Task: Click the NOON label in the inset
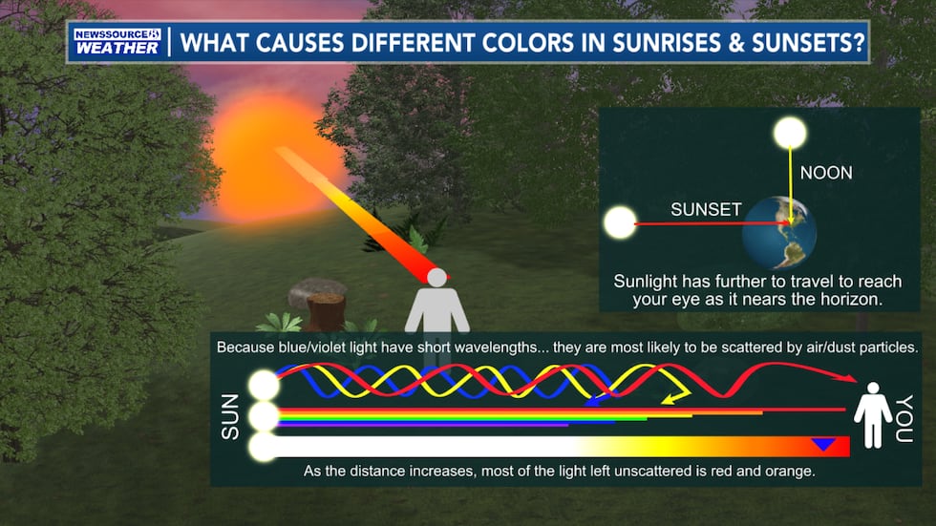825,173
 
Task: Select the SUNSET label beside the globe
706,209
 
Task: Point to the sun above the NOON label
790,133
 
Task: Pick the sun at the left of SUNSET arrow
620,225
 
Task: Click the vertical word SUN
230,417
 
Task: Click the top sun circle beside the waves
263,386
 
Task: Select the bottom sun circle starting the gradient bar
263,446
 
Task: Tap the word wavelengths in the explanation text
471,347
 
